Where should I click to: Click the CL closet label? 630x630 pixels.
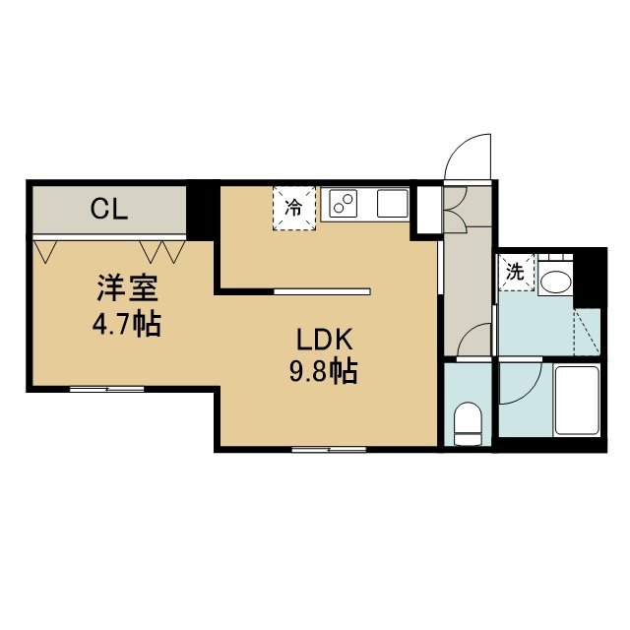tap(109, 210)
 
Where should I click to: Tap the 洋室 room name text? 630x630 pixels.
tap(127, 288)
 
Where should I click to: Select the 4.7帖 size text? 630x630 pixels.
tap(127, 324)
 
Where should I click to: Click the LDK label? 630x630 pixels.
tap(324, 340)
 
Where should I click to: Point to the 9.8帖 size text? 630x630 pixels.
tap(324, 371)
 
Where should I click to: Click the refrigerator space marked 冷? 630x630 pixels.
tap(294, 208)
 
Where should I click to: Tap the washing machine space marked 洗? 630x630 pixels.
tap(516, 272)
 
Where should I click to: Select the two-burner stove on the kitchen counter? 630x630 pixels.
tap(343, 203)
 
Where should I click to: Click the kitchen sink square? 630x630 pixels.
tap(392, 203)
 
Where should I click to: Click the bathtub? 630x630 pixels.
tap(577, 401)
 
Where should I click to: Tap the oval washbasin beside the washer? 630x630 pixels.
tap(555, 282)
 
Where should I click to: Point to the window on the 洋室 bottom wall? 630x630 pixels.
tap(107, 389)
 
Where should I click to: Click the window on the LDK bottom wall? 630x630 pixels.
tap(329, 450)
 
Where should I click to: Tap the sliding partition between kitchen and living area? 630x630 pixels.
tap(322, 291)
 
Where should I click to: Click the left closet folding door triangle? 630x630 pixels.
tap(45, 252)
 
